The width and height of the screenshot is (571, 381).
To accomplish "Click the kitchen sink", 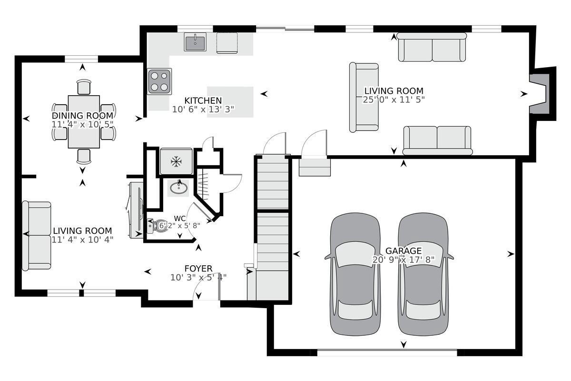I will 195,42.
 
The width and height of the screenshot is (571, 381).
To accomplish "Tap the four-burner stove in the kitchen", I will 159,81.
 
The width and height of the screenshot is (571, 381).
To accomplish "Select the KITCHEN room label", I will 203,100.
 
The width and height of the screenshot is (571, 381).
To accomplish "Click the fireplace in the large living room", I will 541,94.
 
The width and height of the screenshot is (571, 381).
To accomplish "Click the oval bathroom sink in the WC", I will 179,187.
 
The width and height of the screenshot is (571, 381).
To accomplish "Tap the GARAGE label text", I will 403,251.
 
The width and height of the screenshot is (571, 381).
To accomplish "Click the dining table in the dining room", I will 84,122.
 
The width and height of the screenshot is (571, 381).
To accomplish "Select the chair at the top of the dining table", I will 84,87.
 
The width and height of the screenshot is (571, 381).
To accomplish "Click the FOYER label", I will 198,269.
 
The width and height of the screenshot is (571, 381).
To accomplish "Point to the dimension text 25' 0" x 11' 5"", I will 394,100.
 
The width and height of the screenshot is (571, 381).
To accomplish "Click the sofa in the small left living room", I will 37,236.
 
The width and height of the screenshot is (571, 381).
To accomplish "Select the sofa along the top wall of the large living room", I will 432,47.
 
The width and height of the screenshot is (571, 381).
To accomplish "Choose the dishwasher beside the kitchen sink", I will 227,43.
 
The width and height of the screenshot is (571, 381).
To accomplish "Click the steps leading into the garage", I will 314,167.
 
